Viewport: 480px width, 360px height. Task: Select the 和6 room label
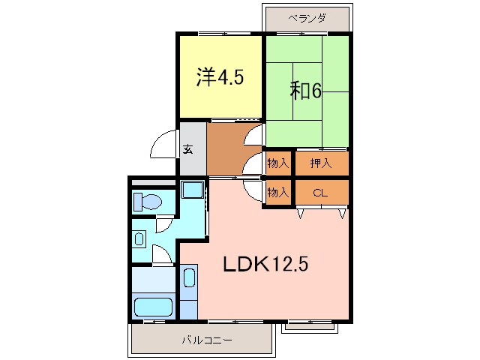[x=306, y=91]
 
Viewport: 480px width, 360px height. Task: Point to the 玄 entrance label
[x=187, y=148]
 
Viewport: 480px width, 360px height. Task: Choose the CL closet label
[x=320, y=193]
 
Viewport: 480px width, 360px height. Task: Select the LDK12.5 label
[x=265, y=264]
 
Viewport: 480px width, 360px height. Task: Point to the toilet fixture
[x=147, y=202]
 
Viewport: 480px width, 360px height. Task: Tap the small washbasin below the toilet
[x=140, y=239]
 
